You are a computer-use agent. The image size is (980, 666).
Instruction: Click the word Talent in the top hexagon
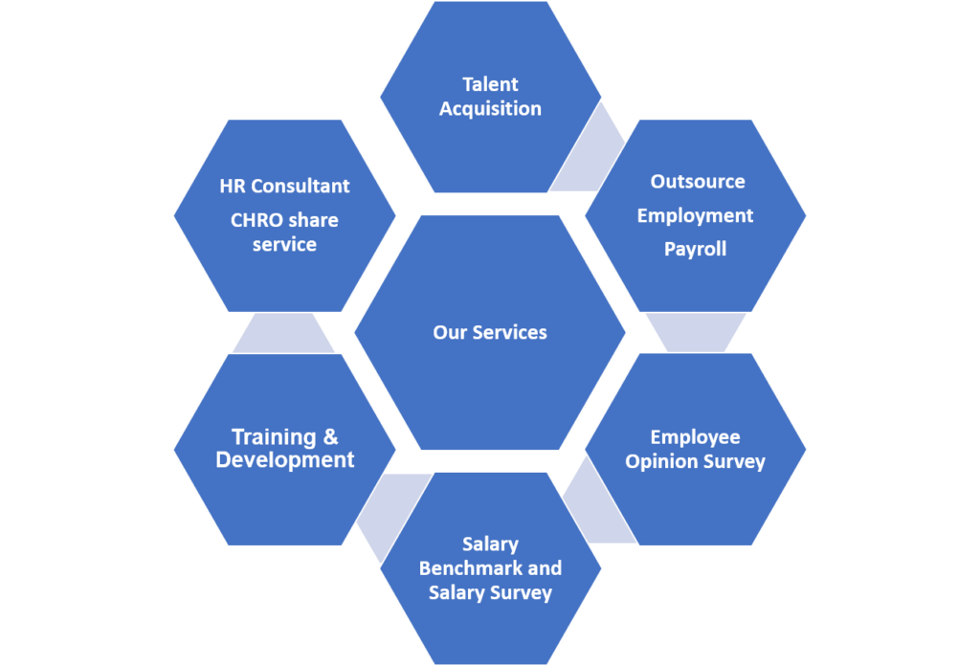point(490,84)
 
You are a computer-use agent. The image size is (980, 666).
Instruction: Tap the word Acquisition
point(490,108)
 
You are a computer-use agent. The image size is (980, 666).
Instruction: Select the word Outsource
point(697,181)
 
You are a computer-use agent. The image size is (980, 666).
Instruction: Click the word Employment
point(696,215)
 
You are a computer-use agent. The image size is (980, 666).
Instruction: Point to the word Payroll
point(696,249)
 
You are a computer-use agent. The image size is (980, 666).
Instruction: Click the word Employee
point(696,437)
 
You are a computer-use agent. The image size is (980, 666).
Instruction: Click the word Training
point(274,437)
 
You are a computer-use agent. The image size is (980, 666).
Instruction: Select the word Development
point(285,460)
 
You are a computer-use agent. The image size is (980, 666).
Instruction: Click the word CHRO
point(256,220)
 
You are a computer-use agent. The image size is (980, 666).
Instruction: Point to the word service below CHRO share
point(284,244)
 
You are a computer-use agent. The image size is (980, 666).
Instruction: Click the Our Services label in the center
point(490,332)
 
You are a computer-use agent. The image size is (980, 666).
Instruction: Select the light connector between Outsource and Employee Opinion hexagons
point(696,332)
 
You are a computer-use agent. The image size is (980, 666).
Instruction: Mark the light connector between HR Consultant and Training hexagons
point(284,332)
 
